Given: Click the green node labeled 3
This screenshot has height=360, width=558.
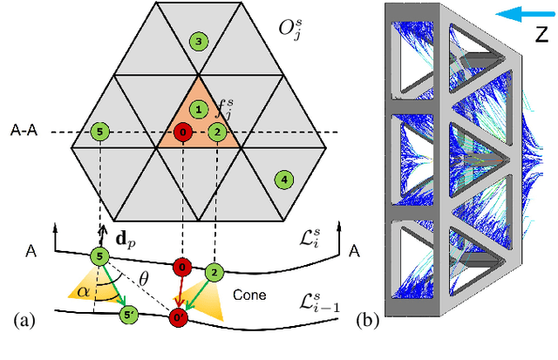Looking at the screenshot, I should (x=199, y=41).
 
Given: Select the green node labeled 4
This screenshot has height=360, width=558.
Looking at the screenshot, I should (x=282, y=180).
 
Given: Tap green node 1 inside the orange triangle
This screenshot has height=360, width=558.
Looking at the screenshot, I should (x=199, y=110).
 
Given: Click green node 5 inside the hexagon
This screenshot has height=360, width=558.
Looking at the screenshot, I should (x=100, y=132).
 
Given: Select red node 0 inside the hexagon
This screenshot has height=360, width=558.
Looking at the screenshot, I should (x=181, y=132).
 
